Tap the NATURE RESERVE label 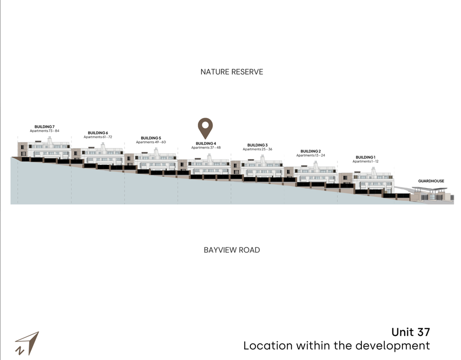(x=232, y=72)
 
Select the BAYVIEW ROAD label (x=232, y=250)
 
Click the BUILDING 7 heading (x=44, y=127)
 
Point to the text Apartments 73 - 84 (x=44, y=131)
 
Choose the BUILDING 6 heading (x=98, y=133)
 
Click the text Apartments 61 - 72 (x=98, y=137)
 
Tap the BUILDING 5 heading (x=151, y=138)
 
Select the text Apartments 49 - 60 (x=151, y=142)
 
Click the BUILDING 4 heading (x=206, y=143)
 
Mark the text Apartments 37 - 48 (x=206, y=148)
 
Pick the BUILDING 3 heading (x=258, y=145)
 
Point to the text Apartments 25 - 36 (x=258, y=149)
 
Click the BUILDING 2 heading (x=311, y=151)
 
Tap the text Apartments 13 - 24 (x=311, y=155)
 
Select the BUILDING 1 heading (x=366, y=157)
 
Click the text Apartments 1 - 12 (x=366, y=161)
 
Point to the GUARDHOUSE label (x=431, y=181)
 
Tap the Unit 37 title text (x=411, y=332)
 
